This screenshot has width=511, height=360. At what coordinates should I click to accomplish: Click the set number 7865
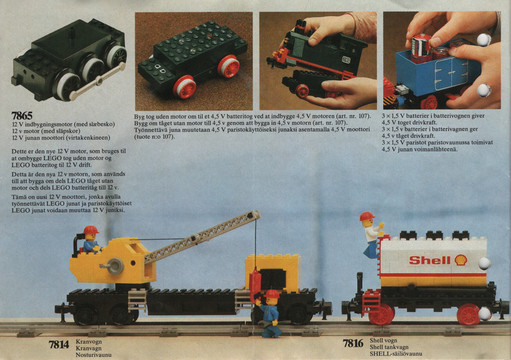[22, 116]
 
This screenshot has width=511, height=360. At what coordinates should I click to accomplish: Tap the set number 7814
[59, 345]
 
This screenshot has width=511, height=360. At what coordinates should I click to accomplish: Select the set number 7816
[353, 343]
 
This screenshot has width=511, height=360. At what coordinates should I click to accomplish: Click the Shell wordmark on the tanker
[429, 260]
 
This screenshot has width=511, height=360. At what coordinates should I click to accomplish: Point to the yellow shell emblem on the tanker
[461, 260]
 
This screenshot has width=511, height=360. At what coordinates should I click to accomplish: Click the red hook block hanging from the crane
[255, 282]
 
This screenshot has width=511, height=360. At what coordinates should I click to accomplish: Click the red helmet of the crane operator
[91, 230]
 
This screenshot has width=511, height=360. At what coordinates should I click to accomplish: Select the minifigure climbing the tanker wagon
[372, 234]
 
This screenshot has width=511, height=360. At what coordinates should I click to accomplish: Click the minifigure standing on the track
[269, 313]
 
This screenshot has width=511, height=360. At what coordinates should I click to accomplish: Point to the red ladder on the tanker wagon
[372, 302]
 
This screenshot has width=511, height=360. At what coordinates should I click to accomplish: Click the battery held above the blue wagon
[420, 49]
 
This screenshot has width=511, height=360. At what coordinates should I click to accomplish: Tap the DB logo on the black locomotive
[346, 59]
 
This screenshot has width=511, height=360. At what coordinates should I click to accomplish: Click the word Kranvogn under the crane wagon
[89, 341]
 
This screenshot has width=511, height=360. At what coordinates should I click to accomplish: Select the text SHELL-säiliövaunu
[395, 354]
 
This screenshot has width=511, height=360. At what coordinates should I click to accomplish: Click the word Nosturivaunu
[93, 355]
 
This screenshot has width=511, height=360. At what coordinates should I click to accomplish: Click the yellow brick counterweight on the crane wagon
[273, 273]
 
